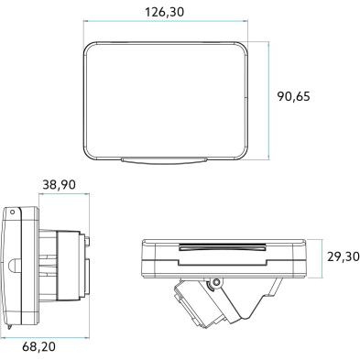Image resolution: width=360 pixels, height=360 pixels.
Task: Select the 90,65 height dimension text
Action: coord(302,96)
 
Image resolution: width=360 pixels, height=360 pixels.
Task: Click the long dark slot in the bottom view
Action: coord(222,246)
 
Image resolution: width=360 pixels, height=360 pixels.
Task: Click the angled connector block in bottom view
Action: coord(198,306)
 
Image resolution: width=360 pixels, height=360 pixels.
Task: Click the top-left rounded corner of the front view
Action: coord(88,46)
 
